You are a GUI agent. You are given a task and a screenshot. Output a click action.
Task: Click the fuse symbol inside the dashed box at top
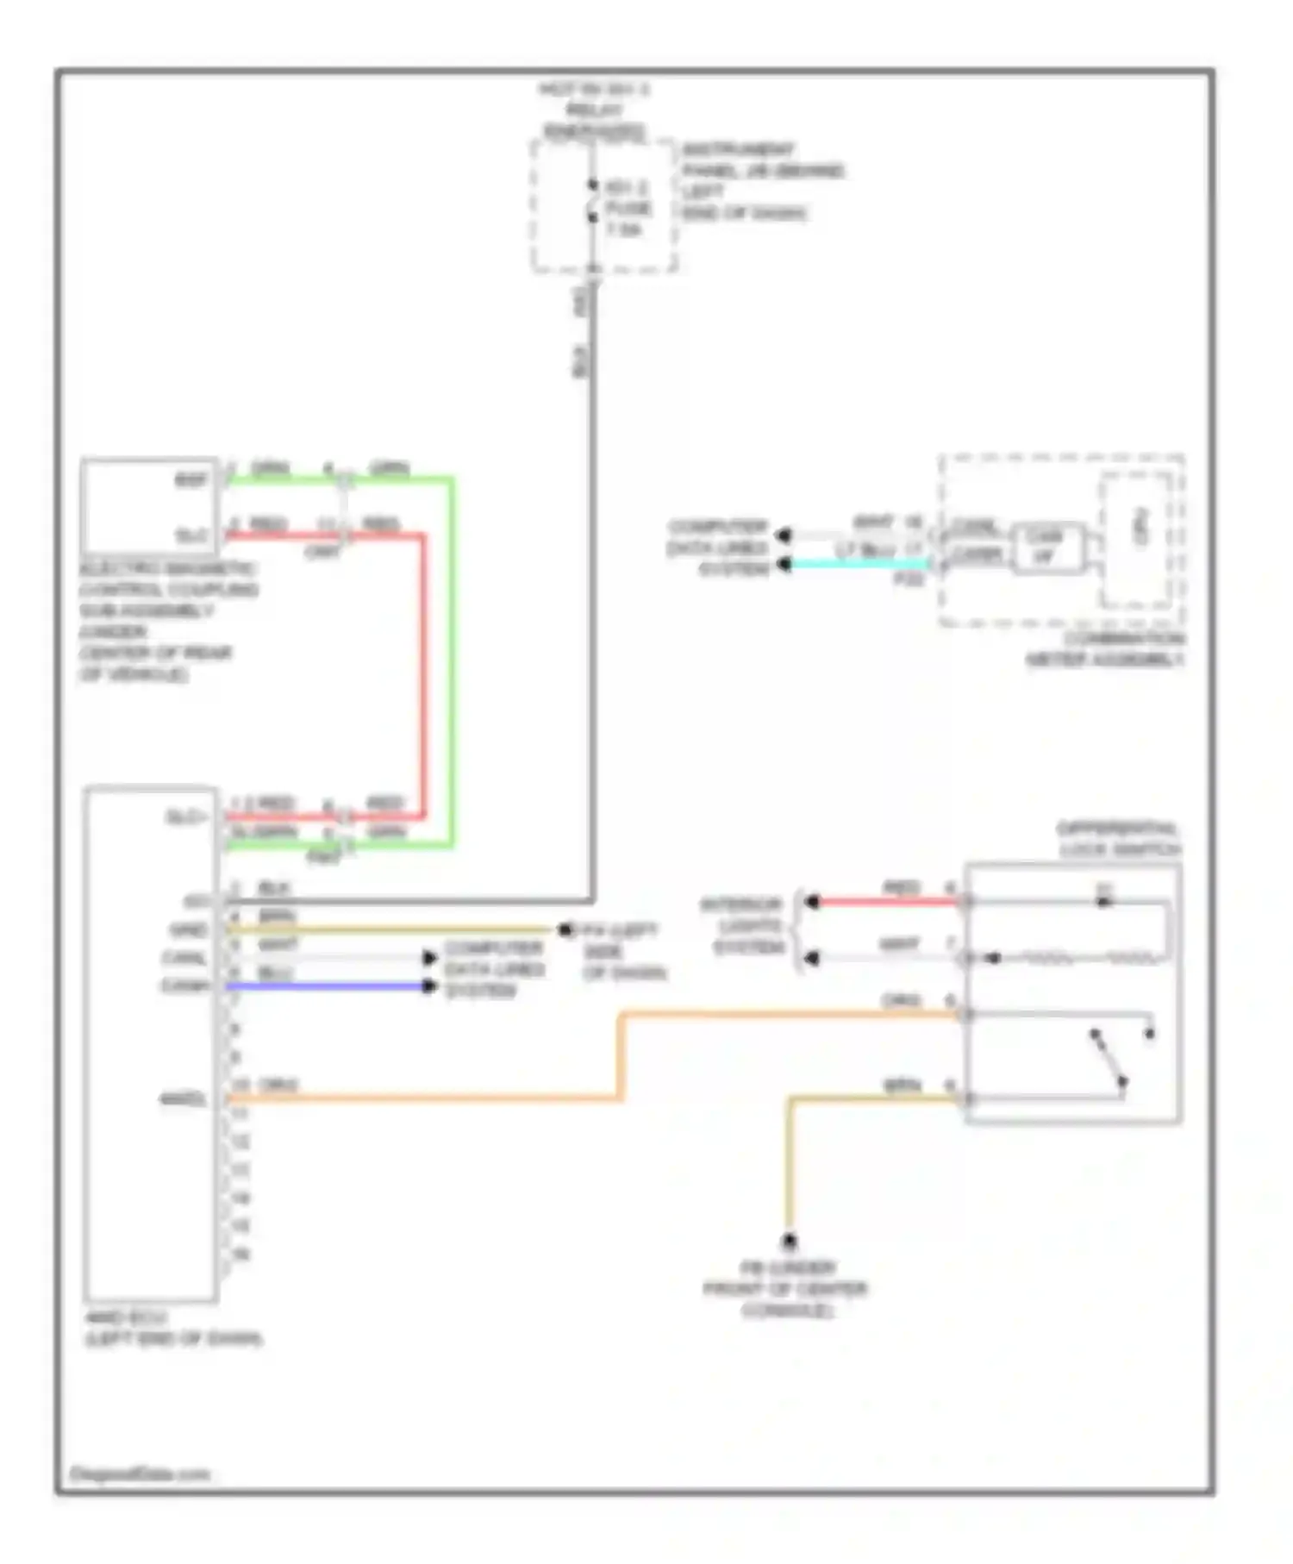593,201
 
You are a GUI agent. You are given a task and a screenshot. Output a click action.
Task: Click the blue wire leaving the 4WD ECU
328,985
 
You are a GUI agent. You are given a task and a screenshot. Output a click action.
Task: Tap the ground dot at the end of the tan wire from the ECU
565,930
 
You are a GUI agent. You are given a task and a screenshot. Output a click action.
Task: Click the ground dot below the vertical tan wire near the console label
788,1242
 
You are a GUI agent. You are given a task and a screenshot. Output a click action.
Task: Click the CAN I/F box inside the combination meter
1046,547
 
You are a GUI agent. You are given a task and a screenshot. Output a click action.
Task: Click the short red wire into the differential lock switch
888,902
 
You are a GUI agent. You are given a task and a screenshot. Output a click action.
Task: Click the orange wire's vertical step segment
621,1057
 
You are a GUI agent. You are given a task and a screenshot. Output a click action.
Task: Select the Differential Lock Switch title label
1118,839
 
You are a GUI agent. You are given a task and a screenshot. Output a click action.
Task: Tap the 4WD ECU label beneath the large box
172,1328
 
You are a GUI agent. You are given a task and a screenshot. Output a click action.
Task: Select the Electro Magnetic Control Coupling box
149,506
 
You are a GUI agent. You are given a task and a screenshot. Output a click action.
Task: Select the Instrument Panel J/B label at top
762,180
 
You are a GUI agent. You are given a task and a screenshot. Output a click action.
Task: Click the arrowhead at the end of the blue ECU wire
429,985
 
